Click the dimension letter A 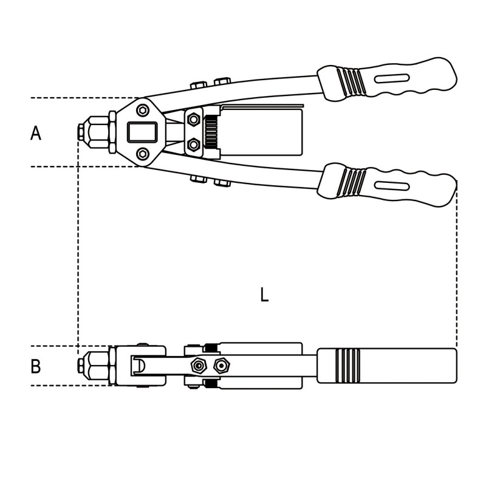pyautogui.click(x=36, y=133)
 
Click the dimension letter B pyautogui.click(x=36, y=366)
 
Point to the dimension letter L pyautogui.click(x=264, y=295)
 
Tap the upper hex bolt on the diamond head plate pyautogui.click(x=143, y=110)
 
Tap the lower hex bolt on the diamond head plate pyautogui.click(x=143, y=154)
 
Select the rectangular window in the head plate pyautogui.click(x=142, y=132)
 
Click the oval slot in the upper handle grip pyautogui.click(x=392, y=78)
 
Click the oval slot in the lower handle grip pyautogui.click(x=392, y=186)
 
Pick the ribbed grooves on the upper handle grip pyautogui.click(x=351, y=83)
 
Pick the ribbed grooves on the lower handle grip pyautogui.click(x=351, y=183)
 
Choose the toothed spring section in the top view pyautogui.click(x=211, y=132)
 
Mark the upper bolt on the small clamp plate pyautogui.click(x=194, y=119)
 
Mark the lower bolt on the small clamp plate pyautogui.click(x=194, y=145)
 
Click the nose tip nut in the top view pyautogui.click(x=81, y=132)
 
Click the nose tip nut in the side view pyautogui.click(x=81, y=366)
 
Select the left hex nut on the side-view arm pyautogui.click(x=199, y=366)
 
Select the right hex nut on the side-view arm pyautogui.click(x=222, y=366)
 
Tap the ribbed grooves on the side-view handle pyautogui.click(x=347, y=366)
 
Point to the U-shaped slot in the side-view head pyautogui.click(x=139, y=366)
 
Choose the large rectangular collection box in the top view pyautogui.click(x=261, y=132)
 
